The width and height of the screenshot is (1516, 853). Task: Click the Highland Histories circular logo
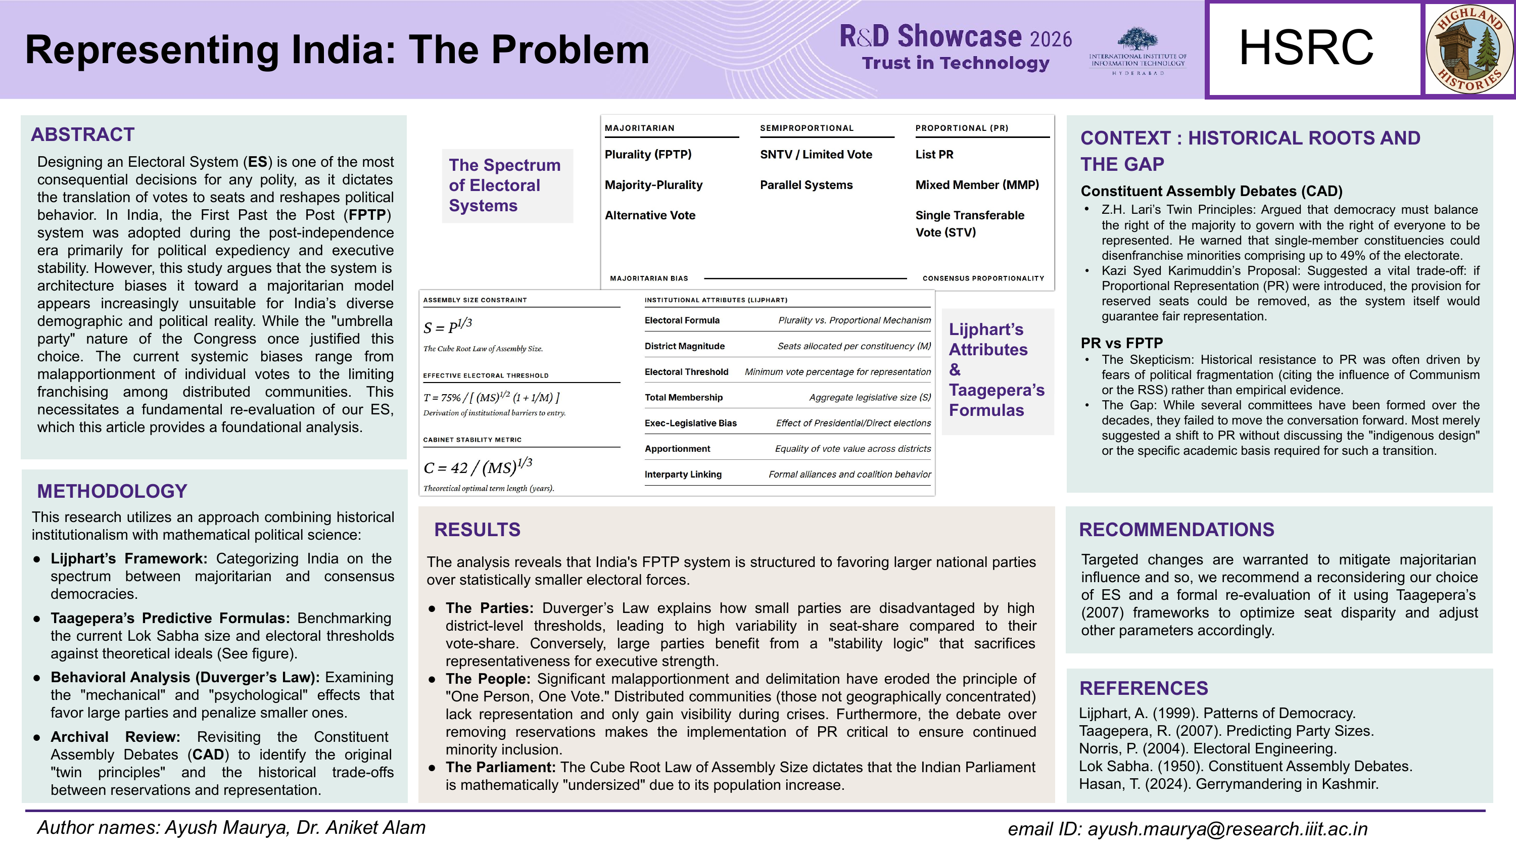(1470, 49)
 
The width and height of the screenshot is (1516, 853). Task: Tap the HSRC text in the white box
(1306, 49)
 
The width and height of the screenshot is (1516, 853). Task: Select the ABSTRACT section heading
(82, 135)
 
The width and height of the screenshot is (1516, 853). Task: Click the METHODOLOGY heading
(112, 491)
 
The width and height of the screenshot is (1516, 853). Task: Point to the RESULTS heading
(477, 529)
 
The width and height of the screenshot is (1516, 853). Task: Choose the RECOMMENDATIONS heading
(1176, 529)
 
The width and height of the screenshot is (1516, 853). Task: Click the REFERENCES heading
(1143, 688)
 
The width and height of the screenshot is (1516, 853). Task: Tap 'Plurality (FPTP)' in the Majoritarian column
(648, 154)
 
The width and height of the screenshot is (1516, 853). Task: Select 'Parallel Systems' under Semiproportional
(806, 185)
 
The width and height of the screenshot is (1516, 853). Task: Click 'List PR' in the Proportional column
(934, 154)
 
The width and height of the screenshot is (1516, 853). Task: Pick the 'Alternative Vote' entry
(650, 215)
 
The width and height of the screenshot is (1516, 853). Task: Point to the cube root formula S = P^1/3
(447, 325)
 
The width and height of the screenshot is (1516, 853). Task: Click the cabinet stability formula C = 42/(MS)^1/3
(477, 467)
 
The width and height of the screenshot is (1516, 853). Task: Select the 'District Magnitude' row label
(684, 346)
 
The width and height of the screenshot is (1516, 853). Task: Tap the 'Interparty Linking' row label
(683, 475)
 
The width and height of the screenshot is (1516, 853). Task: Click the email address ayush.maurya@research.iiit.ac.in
(1227, 829)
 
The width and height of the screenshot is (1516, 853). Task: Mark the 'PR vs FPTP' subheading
(1121, 343)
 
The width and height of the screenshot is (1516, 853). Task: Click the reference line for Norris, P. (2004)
(1207, 748)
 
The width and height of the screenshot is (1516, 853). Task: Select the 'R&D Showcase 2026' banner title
(955, 37)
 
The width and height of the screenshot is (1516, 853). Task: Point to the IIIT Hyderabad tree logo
(1137, 40)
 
